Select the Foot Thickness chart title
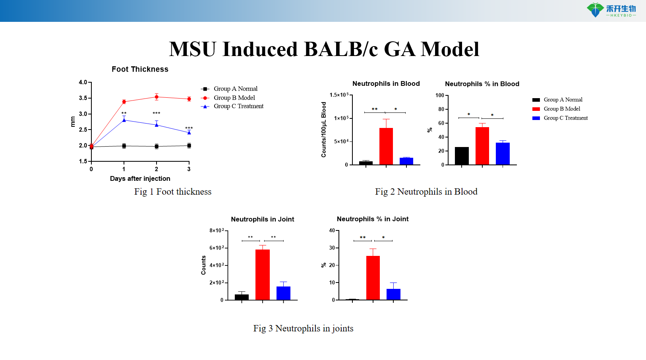[140, 69]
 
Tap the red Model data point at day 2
[157, 97]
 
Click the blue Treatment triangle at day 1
[124, 120]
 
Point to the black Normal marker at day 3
[189, 145]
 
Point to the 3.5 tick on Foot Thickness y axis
[83, 98]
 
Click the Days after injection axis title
[140, 178]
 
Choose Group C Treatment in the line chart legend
[238, 106]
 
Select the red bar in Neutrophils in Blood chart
[386, 146]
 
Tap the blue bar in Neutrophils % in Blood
[503, 153]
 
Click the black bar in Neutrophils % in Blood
[462, 156]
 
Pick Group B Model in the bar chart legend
[561, 109]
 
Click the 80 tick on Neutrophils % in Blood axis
[441, 109]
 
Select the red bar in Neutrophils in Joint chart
[263, 274]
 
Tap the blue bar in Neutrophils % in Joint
[393, 294]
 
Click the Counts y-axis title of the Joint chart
[203, 265]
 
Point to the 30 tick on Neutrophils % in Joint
[332, 248]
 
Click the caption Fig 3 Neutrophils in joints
[303, 328]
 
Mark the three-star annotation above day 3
[189, 128]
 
